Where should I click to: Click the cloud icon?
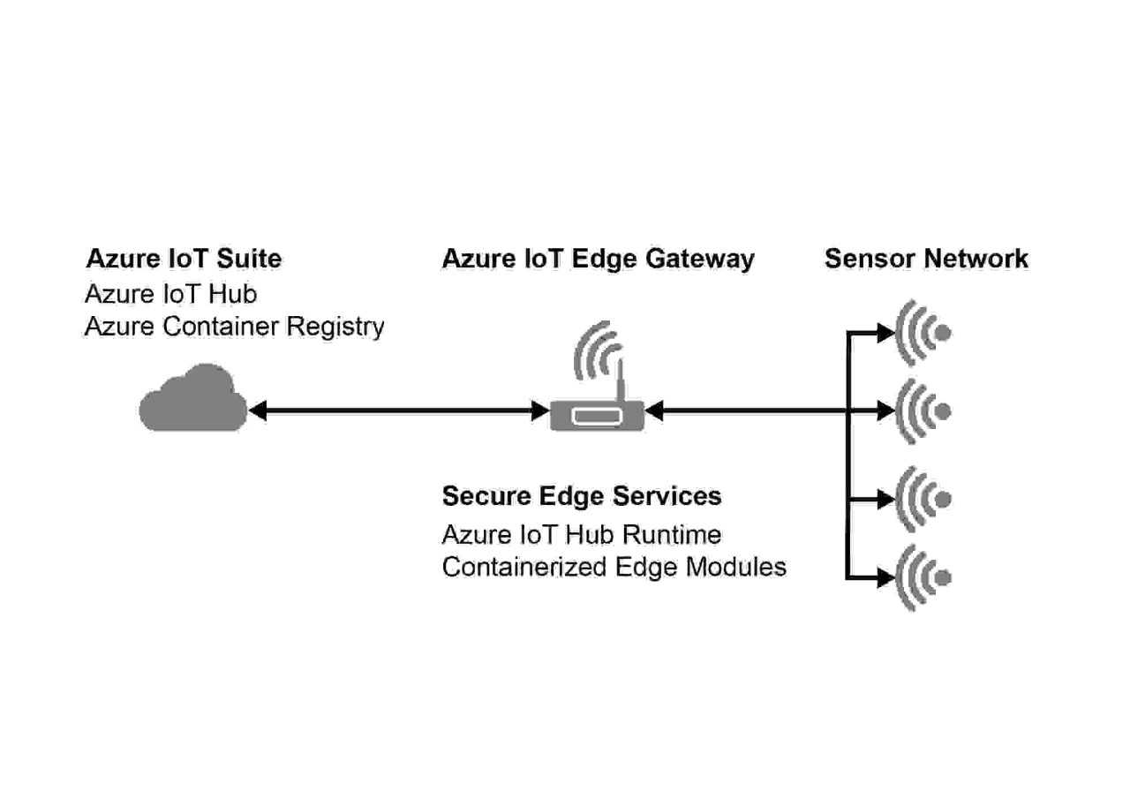pos(193,401)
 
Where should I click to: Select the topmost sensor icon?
pos(923,333)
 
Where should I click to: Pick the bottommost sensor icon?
pos(923,578)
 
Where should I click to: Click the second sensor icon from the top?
pos(923,411)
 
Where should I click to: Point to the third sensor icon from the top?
pos(923,499)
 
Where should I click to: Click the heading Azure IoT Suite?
pos(184,259)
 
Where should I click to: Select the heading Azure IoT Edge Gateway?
pos(598,259)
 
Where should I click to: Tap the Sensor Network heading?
pos(926,259)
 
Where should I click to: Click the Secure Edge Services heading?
pos(582,496)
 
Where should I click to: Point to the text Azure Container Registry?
pos(234,327)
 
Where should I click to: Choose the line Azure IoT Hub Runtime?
pos(582,535)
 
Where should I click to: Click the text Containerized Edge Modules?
pos(614,567)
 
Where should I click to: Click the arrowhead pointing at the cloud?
pos(257,411)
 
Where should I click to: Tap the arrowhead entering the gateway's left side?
pos(540,411)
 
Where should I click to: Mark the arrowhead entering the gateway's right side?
pos(654,411)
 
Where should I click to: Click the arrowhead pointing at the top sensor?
pos(885,333)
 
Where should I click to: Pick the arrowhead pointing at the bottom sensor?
pos(885,578)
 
